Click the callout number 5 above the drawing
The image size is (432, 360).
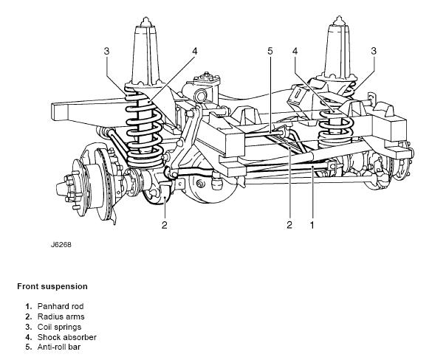click(x=270, y=51)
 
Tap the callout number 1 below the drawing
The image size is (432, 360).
click(x=312, y=225)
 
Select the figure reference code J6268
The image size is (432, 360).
click(x=61, y=245)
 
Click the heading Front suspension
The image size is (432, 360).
click(x=52, y=286)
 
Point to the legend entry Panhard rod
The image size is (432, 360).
click(x=61, y=306)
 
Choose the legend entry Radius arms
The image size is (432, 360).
click(x=61, y=316)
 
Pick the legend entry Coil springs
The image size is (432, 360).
click(x=59, y=328)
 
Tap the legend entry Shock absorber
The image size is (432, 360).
click(x=67, y=337)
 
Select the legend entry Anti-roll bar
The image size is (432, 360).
click(x=59, y=347)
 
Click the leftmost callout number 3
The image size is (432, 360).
click(x=106, y=51)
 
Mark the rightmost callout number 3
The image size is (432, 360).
click(x=374, y=51)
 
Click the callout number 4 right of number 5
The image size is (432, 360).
click(x=295, y=51)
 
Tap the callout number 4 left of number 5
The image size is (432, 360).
click(x=195, y=51)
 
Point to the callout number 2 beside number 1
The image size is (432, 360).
click(x=289, y=225)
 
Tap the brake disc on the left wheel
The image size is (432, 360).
click(x=104, y=181)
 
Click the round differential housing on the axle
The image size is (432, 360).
click(x=210, y=181)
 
